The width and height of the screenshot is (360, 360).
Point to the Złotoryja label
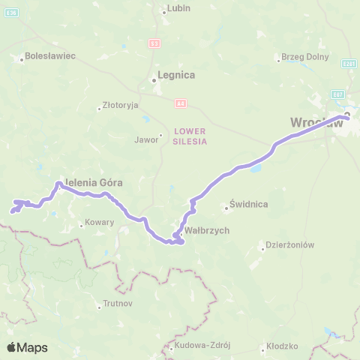pos(122,106)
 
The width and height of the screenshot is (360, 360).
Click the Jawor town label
pos(146,139)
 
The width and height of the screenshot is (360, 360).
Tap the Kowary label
pos(98,223)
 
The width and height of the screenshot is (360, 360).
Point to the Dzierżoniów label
pos(291,244)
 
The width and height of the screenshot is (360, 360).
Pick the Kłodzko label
pos(283,346)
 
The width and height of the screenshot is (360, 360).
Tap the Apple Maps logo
pos(27,347)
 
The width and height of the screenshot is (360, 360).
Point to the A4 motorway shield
pos(180,103)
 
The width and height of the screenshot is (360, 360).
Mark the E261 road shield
pos(348,64)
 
